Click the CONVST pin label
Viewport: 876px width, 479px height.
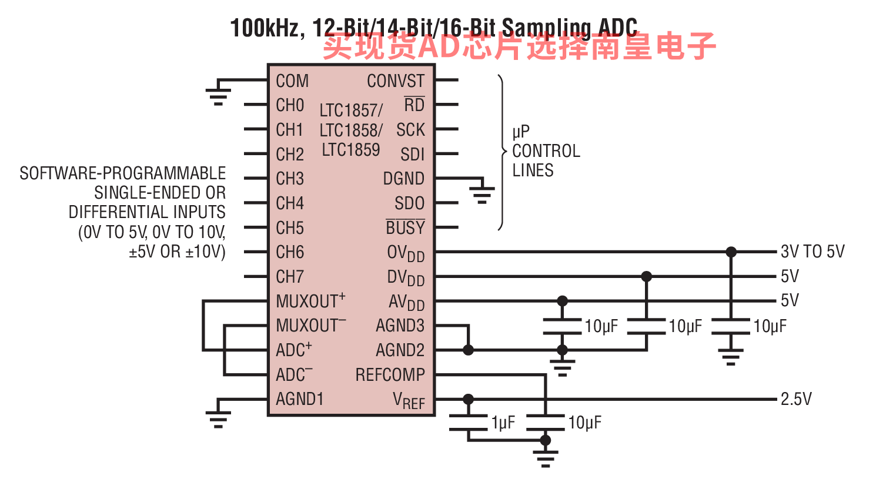(395, 81)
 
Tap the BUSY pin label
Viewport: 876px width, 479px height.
(405, 227)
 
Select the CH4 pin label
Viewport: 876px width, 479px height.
(290, 203)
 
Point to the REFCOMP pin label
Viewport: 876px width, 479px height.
(390, 374)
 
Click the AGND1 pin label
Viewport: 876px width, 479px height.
(300, 399)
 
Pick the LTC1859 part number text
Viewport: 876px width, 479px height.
(351, 150)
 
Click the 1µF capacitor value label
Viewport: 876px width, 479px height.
(503, 423)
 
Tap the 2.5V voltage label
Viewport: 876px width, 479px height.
(796, 399)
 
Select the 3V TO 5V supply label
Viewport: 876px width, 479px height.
(813, 252)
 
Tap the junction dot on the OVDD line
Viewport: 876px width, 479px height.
(731, 252)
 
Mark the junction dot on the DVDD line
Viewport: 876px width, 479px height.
(647, 276)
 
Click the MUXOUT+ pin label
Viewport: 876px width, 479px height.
(310, 301)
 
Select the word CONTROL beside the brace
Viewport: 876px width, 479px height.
(546, 151)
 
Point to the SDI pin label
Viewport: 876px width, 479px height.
(413, 155)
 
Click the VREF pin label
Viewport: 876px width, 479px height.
(409, 400)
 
